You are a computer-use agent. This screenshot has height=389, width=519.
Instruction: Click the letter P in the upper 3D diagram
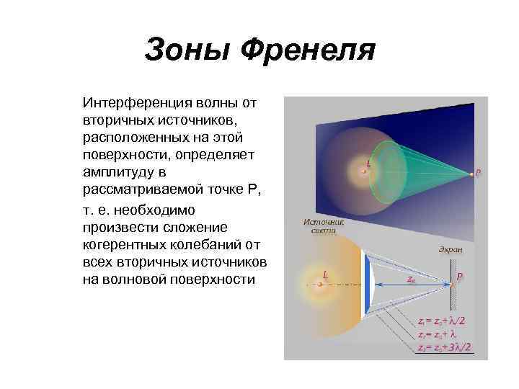tap(479, 173)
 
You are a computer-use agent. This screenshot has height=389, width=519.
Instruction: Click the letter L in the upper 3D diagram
tap(369, 164)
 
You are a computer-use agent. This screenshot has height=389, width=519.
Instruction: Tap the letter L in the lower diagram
tap(325, 274)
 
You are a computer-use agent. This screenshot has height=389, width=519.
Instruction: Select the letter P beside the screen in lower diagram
tap(460, 274)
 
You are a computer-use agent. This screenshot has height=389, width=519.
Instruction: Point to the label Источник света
tap(324, 228)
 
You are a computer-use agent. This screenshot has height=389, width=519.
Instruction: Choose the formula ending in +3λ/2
tap(444, 347)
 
